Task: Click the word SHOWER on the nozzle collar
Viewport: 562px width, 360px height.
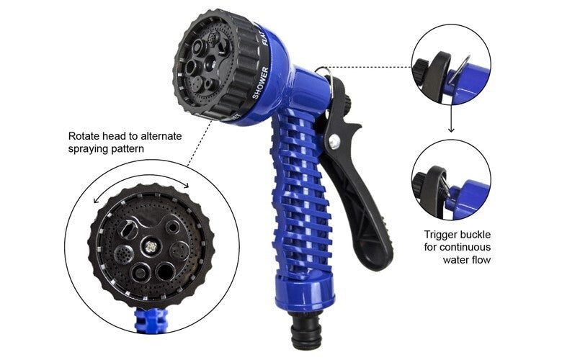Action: tap(261, 82)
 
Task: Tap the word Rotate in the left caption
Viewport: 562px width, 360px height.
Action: tap(84, 135)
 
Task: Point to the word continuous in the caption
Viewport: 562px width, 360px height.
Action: tap(463, 247)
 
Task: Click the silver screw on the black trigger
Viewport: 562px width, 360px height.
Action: tap(333, 143)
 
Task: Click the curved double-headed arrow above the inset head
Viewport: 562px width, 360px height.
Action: tap(141, 180)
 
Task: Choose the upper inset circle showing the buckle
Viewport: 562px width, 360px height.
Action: tap(451, 64)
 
